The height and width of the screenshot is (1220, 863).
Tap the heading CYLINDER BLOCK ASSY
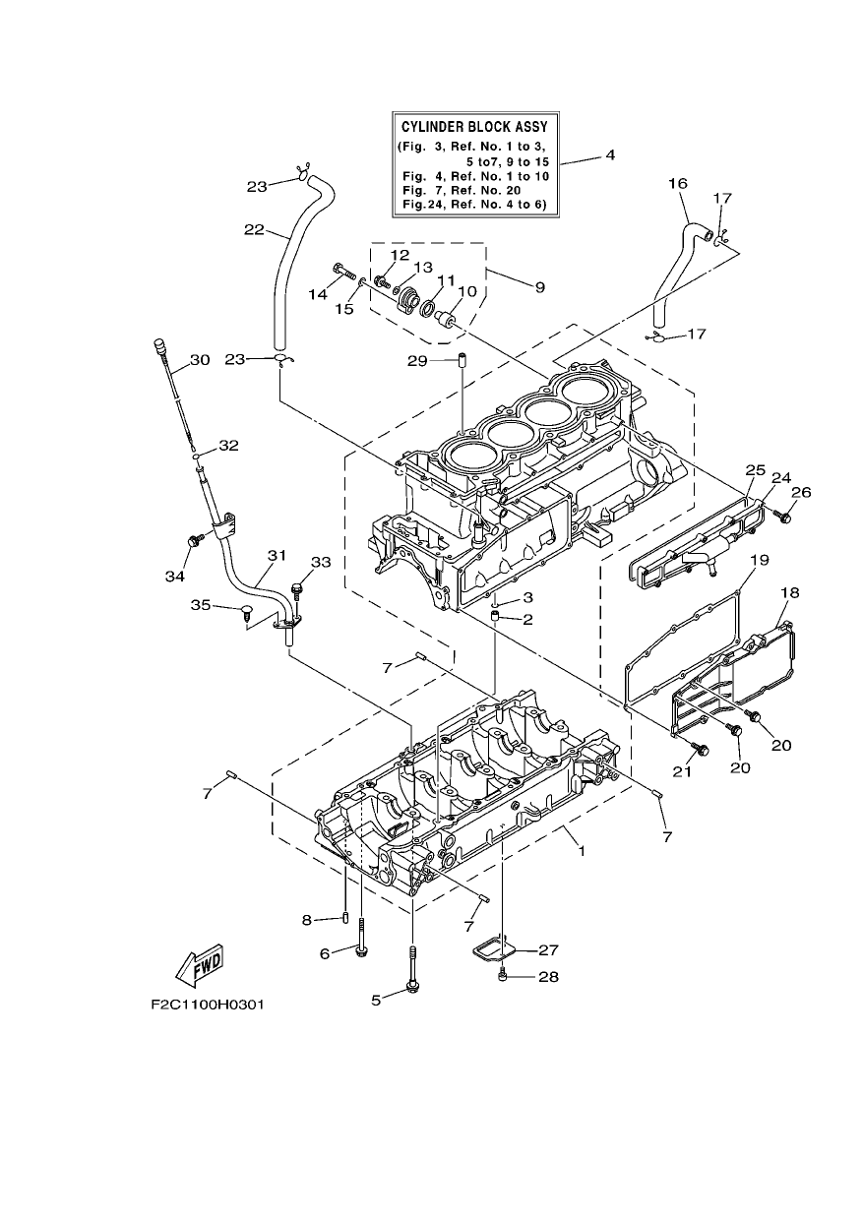474,127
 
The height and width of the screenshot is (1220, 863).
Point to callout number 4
610,155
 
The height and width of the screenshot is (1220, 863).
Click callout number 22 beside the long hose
254,230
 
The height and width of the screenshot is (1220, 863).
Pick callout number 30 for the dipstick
200,360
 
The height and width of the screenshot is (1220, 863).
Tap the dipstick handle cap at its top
160,345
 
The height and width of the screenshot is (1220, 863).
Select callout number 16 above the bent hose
678,183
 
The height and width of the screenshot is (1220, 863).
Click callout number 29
418,360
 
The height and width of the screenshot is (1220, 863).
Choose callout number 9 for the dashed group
540,287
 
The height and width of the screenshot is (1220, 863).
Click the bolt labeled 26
783,516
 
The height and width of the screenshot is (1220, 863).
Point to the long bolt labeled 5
412,974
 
